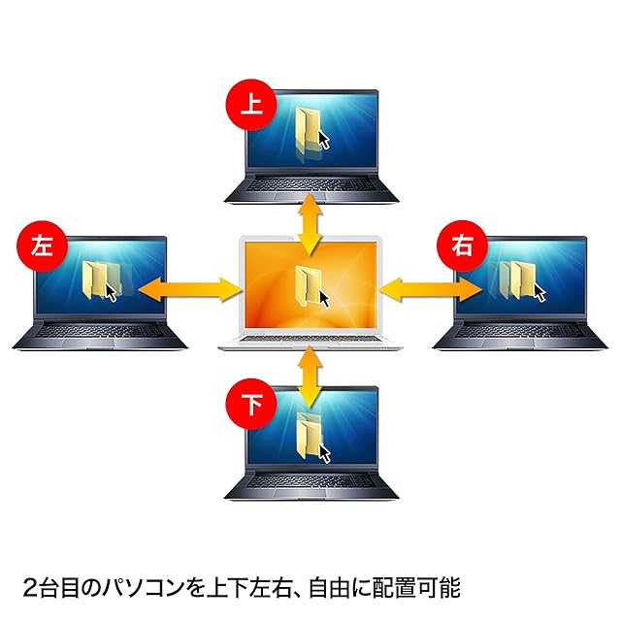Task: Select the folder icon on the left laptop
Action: (100, 278)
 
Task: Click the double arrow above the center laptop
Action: (310, 224)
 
